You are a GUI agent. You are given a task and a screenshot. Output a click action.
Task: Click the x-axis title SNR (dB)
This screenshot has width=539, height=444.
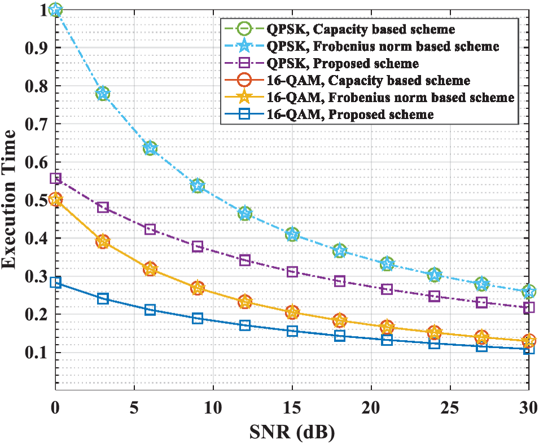[x=292, y=433]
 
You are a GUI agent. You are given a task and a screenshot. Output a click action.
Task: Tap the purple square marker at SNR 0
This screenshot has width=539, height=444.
[x=55, y=178]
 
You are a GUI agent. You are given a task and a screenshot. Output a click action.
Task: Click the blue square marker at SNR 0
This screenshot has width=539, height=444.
[x=55, y=282]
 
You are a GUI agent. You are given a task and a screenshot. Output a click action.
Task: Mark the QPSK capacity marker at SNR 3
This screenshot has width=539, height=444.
[x=103, y=94]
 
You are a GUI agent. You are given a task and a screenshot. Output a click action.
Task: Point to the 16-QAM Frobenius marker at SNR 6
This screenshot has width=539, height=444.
[x=150, y=269]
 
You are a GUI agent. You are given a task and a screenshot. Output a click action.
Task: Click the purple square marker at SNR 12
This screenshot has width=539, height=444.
[x=245, y=260]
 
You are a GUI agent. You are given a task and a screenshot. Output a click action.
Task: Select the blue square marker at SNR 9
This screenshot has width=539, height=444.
[x=198, y=318]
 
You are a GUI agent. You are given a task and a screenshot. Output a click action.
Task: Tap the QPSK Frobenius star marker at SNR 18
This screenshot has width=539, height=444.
[x=340, y=250]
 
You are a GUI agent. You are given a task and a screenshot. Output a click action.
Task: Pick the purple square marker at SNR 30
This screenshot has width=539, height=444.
[x=529, y=307]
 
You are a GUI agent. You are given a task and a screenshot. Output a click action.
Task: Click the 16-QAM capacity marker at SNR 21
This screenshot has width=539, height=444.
[x=387, y=327]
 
